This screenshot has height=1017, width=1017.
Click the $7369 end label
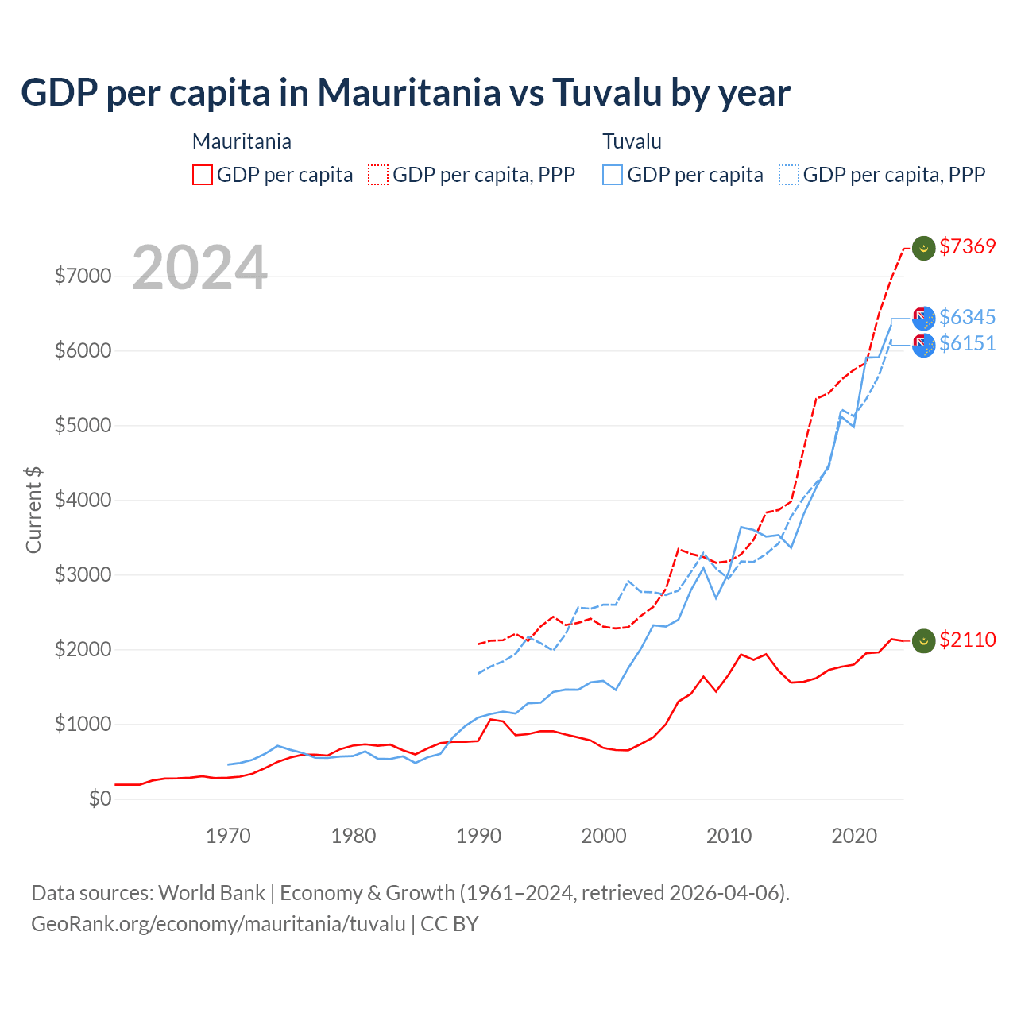[x=967, y=247]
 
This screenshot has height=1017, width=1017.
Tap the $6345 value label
[x=967, y=318]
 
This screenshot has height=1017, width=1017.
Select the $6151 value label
[x=967, y=344]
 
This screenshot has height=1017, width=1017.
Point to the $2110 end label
[x=967, y=640]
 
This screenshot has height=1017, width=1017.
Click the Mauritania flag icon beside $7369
[x=923, y=248]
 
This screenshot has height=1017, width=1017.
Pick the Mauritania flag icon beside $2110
[x=923, y=640]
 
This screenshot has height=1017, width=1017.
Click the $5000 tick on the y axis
[x=83, y=426]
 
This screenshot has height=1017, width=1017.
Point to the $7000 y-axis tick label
[x=83, y=276]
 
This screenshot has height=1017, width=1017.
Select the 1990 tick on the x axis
[x=478, y=837]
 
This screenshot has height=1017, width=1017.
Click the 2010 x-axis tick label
[x=729, y=837]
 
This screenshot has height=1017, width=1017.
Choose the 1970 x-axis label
[x=228, y=837]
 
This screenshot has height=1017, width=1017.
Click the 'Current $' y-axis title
[x=33, y=510]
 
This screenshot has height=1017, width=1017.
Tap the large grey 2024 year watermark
[x=199, y=269]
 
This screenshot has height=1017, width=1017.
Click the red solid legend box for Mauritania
[x=203, y=175]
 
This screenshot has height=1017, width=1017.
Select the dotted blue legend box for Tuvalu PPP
[x=789, y=175]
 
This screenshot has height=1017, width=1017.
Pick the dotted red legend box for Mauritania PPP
[x=378, y=175]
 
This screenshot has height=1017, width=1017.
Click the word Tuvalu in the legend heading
[x=632, y=142]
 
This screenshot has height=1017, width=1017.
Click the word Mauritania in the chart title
[x=409, y=93]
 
